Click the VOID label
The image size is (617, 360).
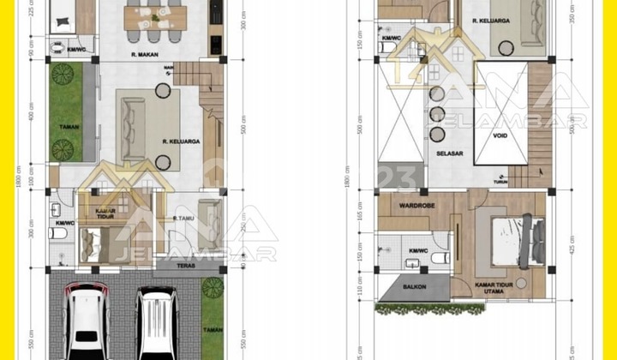pyautogui.click(x=501, y=134)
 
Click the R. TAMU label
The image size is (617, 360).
pyautogui.click(x=181, y=219)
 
